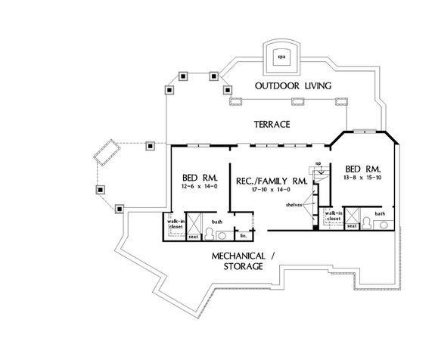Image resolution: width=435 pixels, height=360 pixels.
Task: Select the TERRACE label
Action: point(272,124)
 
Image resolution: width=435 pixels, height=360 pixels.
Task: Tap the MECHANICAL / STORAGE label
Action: point(243,261)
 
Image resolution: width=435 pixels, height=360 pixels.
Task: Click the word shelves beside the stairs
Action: point(294,203)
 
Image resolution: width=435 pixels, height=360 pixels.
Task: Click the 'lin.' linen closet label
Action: point(244,235)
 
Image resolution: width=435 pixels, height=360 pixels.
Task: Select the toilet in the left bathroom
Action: point(213,234)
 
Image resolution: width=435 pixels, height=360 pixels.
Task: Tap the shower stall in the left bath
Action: point(193,225)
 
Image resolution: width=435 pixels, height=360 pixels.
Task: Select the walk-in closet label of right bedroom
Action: point(331,216)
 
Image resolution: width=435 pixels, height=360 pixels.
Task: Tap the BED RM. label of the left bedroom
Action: point(198,175)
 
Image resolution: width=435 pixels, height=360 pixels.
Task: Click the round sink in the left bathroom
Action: point(212,234)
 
